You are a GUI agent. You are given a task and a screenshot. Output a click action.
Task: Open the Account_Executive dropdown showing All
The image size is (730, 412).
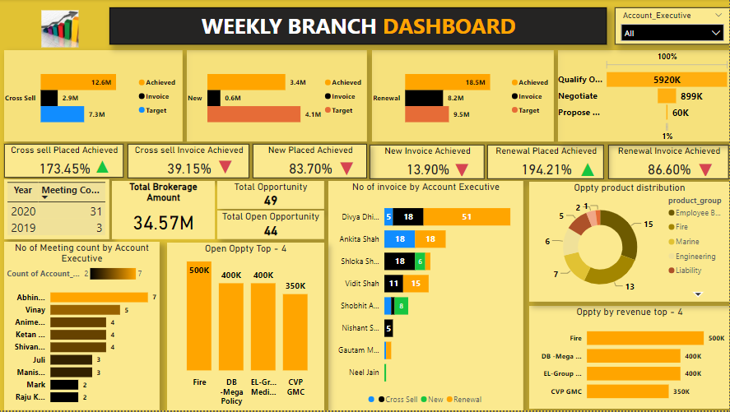(671, 33)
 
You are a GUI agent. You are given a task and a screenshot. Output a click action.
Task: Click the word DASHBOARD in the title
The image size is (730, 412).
(449, 26)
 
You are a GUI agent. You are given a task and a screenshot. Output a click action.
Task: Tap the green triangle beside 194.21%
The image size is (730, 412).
(587, 169)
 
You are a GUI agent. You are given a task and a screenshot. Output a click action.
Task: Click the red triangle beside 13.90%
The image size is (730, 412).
(462, 169)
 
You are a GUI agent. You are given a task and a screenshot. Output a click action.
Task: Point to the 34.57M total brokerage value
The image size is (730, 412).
(163, 223)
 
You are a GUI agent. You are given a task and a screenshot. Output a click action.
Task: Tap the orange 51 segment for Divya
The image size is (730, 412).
(467, 216)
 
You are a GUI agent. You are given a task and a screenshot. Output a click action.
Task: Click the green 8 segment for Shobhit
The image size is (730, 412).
(402, 306)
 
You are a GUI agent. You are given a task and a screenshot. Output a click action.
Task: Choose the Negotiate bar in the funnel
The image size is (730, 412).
(666, 96)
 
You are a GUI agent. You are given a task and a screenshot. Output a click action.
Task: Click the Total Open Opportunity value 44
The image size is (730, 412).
(271, 231)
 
